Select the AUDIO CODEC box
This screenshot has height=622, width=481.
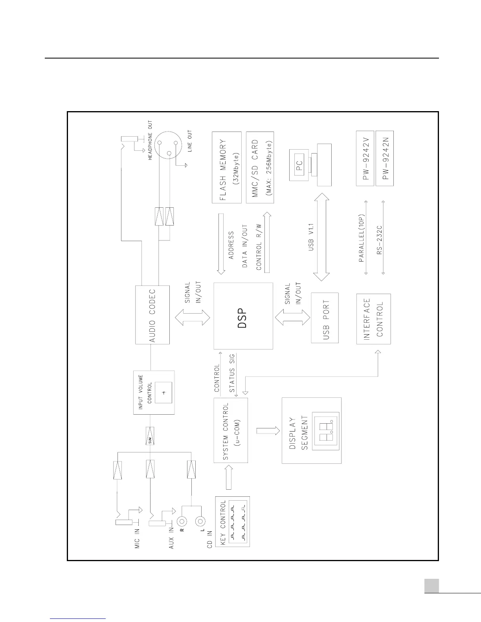coord(152,315)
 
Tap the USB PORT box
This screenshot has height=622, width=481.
coord(325,318)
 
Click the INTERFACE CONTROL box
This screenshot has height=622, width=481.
coord(373,318)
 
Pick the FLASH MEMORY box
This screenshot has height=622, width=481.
coord(227,167)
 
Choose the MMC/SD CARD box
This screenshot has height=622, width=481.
coord(260,167)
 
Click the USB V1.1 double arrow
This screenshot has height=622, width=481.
coord(322,237)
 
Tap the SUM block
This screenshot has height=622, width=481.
coord(150,436)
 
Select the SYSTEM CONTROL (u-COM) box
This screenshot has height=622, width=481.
coord(231,430)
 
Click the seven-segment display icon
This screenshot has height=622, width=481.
coord(325,430)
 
